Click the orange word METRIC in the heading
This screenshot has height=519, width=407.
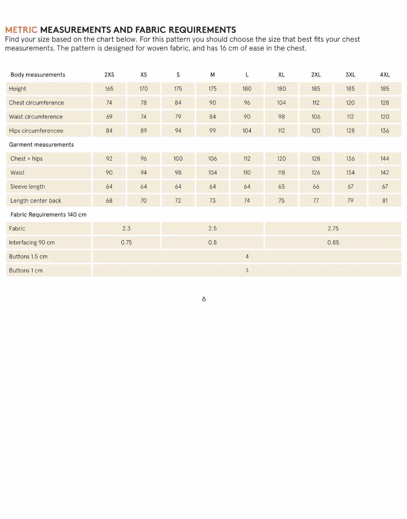click(x=21, y=30)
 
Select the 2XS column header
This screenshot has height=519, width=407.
click(x=109, y=75)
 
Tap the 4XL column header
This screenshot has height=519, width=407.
click(x=385, y=75)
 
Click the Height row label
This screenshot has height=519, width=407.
click(x=18, y=89)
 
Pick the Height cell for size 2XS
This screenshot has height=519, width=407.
click(x=109, y=89)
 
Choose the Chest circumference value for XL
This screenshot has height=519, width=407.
click(x=281, y=103)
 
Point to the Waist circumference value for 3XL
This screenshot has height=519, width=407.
click(x=350, y=117)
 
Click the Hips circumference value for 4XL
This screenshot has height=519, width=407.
click(x=385, y=131)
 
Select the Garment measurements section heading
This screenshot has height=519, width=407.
click(x=42, y=145)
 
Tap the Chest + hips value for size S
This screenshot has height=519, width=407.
click(x=178, y=159)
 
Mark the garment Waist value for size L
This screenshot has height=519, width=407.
click(x=247, y=172)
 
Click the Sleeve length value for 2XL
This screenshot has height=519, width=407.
click(x=316, y=187)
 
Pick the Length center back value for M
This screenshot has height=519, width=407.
click(x=212, y=201)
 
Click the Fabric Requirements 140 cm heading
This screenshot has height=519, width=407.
click(x=48, y=215)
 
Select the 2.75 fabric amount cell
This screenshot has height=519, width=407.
click(x=333, y=229)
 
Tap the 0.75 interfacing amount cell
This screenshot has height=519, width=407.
click(x=126, y=242)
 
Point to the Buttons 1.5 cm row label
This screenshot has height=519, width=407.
click(x=28, y=257)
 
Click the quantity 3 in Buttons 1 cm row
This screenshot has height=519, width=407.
click(x=247, y=270)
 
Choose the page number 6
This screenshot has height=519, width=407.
click(x=204, y=299)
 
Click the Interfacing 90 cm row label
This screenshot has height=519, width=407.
click(x=32, y=242)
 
